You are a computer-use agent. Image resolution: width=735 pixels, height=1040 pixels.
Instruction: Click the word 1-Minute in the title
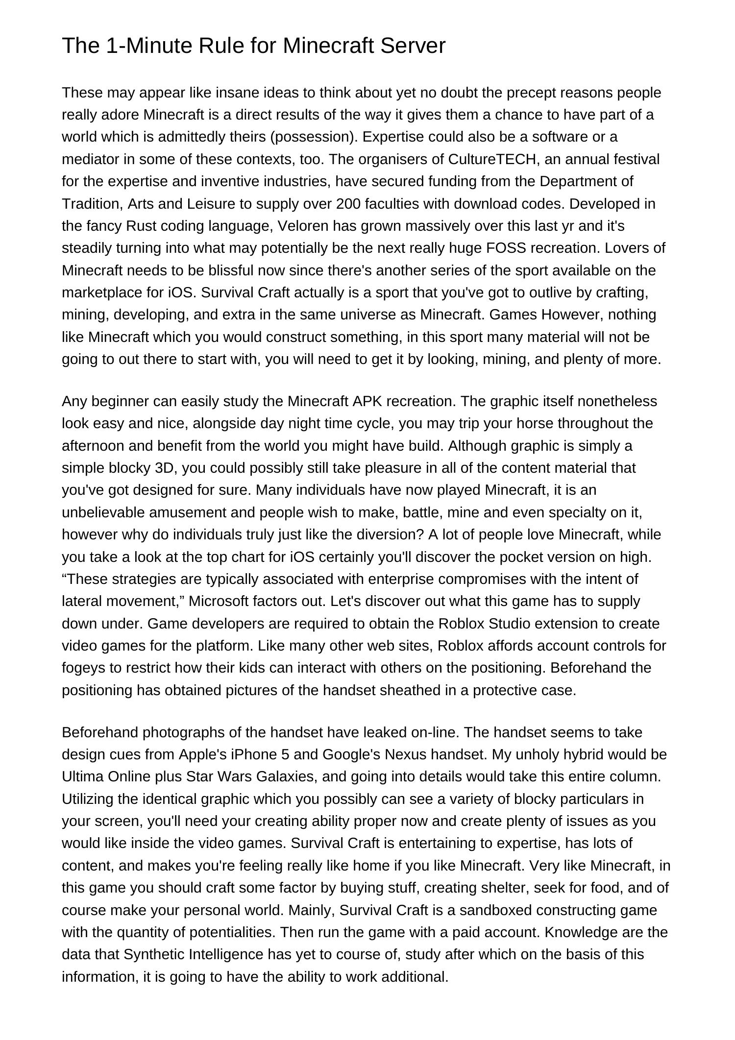(x=147, y=46)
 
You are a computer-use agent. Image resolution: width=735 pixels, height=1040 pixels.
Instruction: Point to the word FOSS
(x=506, y=248)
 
